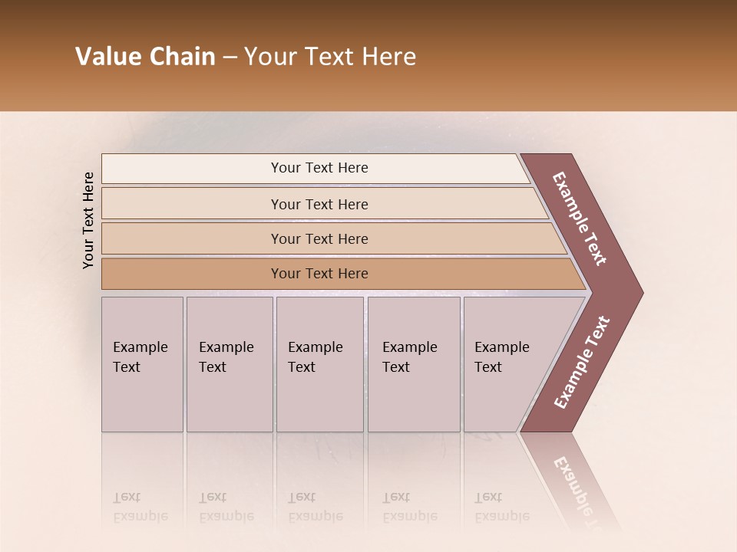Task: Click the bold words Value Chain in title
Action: coord(145,57)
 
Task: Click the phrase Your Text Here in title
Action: coord(330,57)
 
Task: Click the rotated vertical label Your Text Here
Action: coord(88,220)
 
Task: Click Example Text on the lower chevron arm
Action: coord(582,363)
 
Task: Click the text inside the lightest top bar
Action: coord(319,168)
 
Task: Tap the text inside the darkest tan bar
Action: coord(319,274)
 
